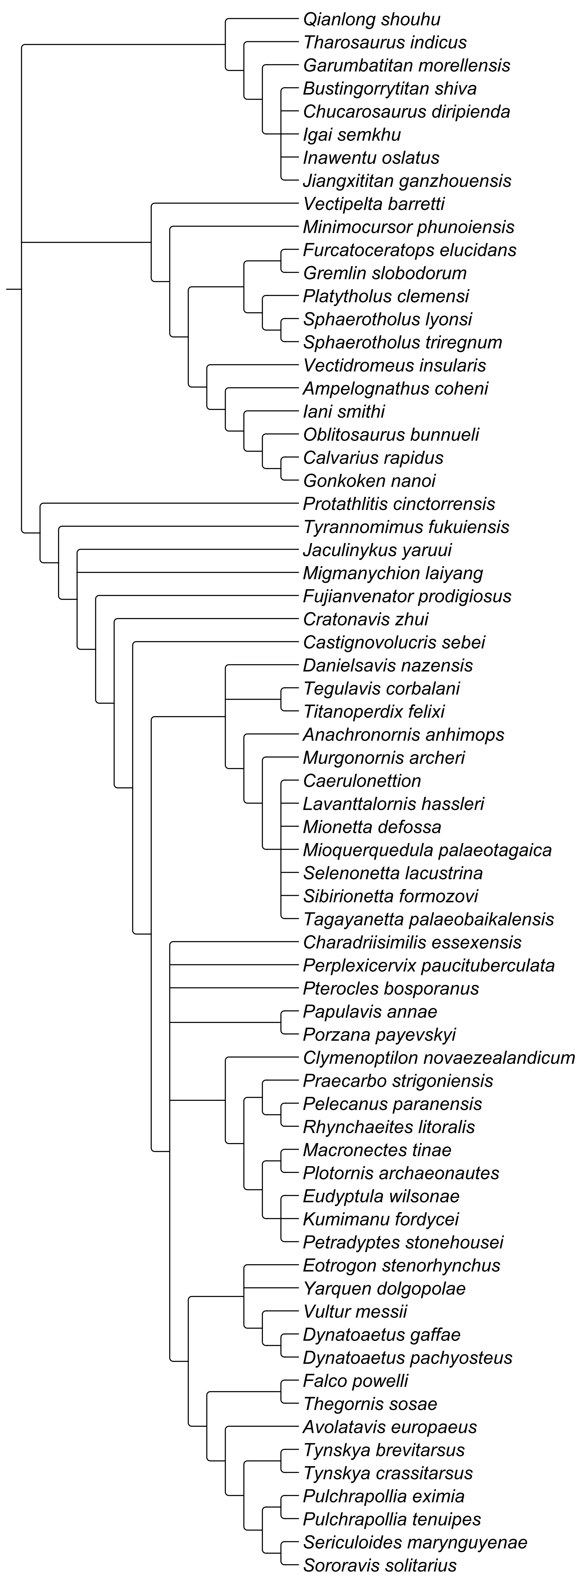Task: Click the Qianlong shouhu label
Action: pyautogui.click(x=372, y=20)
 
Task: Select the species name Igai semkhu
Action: pyautogui.click(x=352, y=135)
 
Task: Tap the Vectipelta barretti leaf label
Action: pyautogui.click(x=374, y=204)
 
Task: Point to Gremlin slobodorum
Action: pyautogui.click(x=385, y=273)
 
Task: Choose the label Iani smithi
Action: pyautogui.click(x=344, y=411)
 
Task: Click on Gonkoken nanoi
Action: pyautogui.click(x=369, y=481)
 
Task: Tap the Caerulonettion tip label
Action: pyautogui.click(x=362, y=781)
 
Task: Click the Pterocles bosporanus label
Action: pyautogui.click(x=391, y=988)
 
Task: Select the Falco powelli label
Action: pyautogui.click(x=356, y=1380)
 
